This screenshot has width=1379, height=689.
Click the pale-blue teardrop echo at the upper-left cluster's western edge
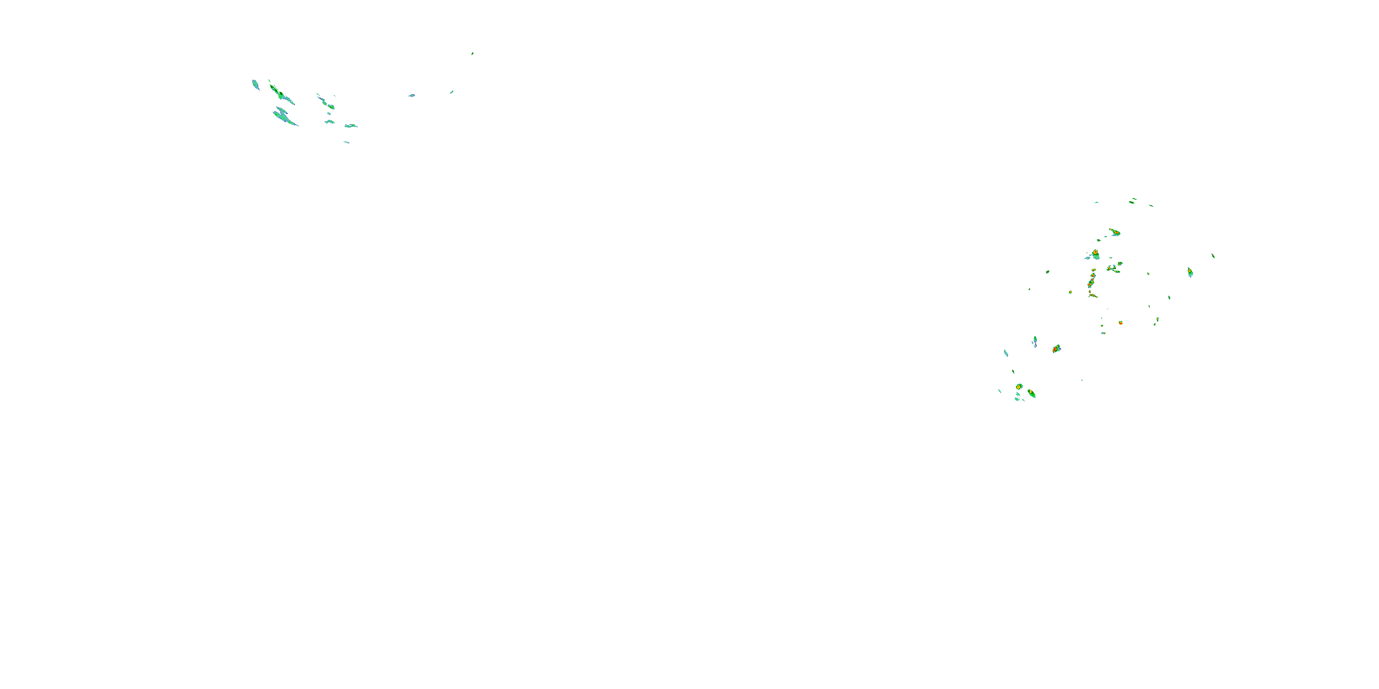[x=256, y=85]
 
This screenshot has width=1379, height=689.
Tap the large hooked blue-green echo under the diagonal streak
[x=284, y=116]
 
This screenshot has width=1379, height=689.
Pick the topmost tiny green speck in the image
[x=472, y=53]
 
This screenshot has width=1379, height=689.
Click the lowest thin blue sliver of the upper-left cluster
[x=346, y=142]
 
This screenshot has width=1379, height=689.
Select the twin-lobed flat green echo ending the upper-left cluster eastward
[x=351, y=126]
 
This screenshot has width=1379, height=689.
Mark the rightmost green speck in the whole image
[x=1213, y=256]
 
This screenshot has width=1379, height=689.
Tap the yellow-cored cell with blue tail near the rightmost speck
[x=1190, y=272]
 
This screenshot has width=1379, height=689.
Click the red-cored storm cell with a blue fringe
[x=1056, y=349]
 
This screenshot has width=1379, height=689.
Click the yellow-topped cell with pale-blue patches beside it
[x=1095, y=254]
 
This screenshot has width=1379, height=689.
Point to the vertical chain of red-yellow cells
[x=1092, y=279]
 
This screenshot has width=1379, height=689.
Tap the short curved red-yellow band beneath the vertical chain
[x=1092, y=295]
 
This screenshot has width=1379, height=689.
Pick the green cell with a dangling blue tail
[x=1035, y=340]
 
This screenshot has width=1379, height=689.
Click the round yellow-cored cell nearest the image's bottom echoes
[x=1019, y=386]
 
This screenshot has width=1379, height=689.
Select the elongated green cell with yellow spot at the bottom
[x=1031, y=394]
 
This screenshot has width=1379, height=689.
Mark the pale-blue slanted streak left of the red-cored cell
[x=1006, y=353]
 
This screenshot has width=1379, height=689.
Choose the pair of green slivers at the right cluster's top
[x=1133, y=201]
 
